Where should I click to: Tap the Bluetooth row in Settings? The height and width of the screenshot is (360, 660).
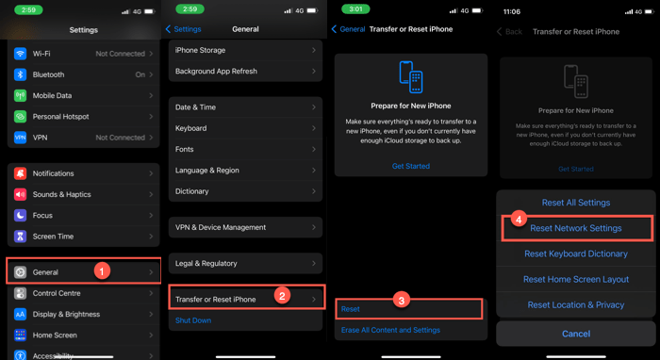(x=83, y=74)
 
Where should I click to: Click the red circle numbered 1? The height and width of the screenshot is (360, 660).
(x=103, y=270)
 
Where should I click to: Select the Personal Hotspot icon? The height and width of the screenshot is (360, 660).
(x=21, y=117)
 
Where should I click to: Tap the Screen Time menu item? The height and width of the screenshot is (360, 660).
(x=83, y=237)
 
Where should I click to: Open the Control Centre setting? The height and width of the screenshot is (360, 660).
(x=83, y=293)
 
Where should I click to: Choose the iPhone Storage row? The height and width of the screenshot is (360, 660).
(x=245, y=50)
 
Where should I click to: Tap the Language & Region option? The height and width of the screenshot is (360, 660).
(x=245, y=171)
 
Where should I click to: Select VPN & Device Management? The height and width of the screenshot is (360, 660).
(x=245, y=227)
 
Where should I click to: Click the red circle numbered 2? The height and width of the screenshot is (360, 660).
(x=281, y=296)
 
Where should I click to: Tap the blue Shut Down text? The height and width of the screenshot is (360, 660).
(x=193, y=320)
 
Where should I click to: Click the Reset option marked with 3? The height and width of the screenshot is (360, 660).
(x=351, y=309)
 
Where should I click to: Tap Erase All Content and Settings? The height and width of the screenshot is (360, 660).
(x=390, y=330)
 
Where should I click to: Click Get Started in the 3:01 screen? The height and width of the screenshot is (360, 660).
(x=411, y=166)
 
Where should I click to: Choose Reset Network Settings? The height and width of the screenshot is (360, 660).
(x=575, y=228)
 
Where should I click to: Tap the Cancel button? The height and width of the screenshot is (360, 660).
(x=575, y=334)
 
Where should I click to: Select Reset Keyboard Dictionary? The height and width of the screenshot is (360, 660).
(x=575, y=254)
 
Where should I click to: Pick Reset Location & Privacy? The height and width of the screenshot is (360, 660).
(x=575, y=305)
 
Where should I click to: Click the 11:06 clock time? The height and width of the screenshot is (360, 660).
(x=511, y=11)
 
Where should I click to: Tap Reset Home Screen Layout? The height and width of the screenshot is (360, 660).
(x=575, y=280)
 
